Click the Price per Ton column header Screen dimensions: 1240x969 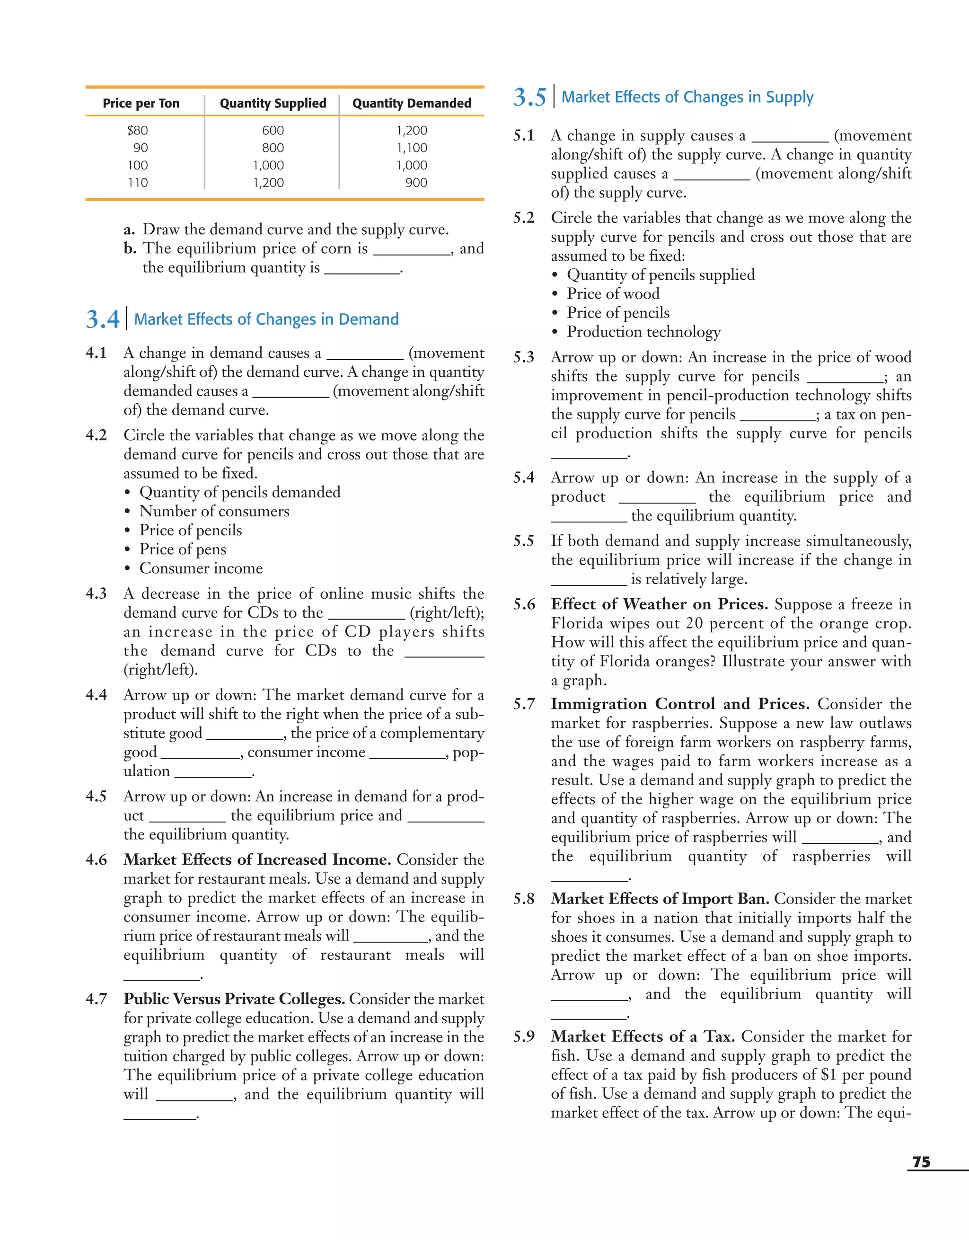[141, 103]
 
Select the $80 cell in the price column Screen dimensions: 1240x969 [137, 131]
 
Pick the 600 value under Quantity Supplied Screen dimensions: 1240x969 [273, 131]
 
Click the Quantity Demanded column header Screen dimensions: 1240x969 [412, 103]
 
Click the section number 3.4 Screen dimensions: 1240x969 [103, 319]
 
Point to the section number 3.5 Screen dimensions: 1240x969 [529, 97]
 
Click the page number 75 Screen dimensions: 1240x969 [921, 1162]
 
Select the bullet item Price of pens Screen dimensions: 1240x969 [183, 549]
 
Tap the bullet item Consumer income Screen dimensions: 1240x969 [201, 568]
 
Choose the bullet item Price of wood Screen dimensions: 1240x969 [613, 294]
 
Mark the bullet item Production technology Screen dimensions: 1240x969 [644, 332]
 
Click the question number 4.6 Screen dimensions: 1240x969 [96, 859]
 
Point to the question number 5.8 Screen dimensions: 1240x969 [523, 899]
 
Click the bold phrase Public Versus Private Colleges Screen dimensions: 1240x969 [234, 999]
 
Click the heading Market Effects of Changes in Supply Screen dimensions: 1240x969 [687, 97]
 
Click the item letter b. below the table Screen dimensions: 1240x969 [130, 248]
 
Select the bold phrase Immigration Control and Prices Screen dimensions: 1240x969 [679, 704]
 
